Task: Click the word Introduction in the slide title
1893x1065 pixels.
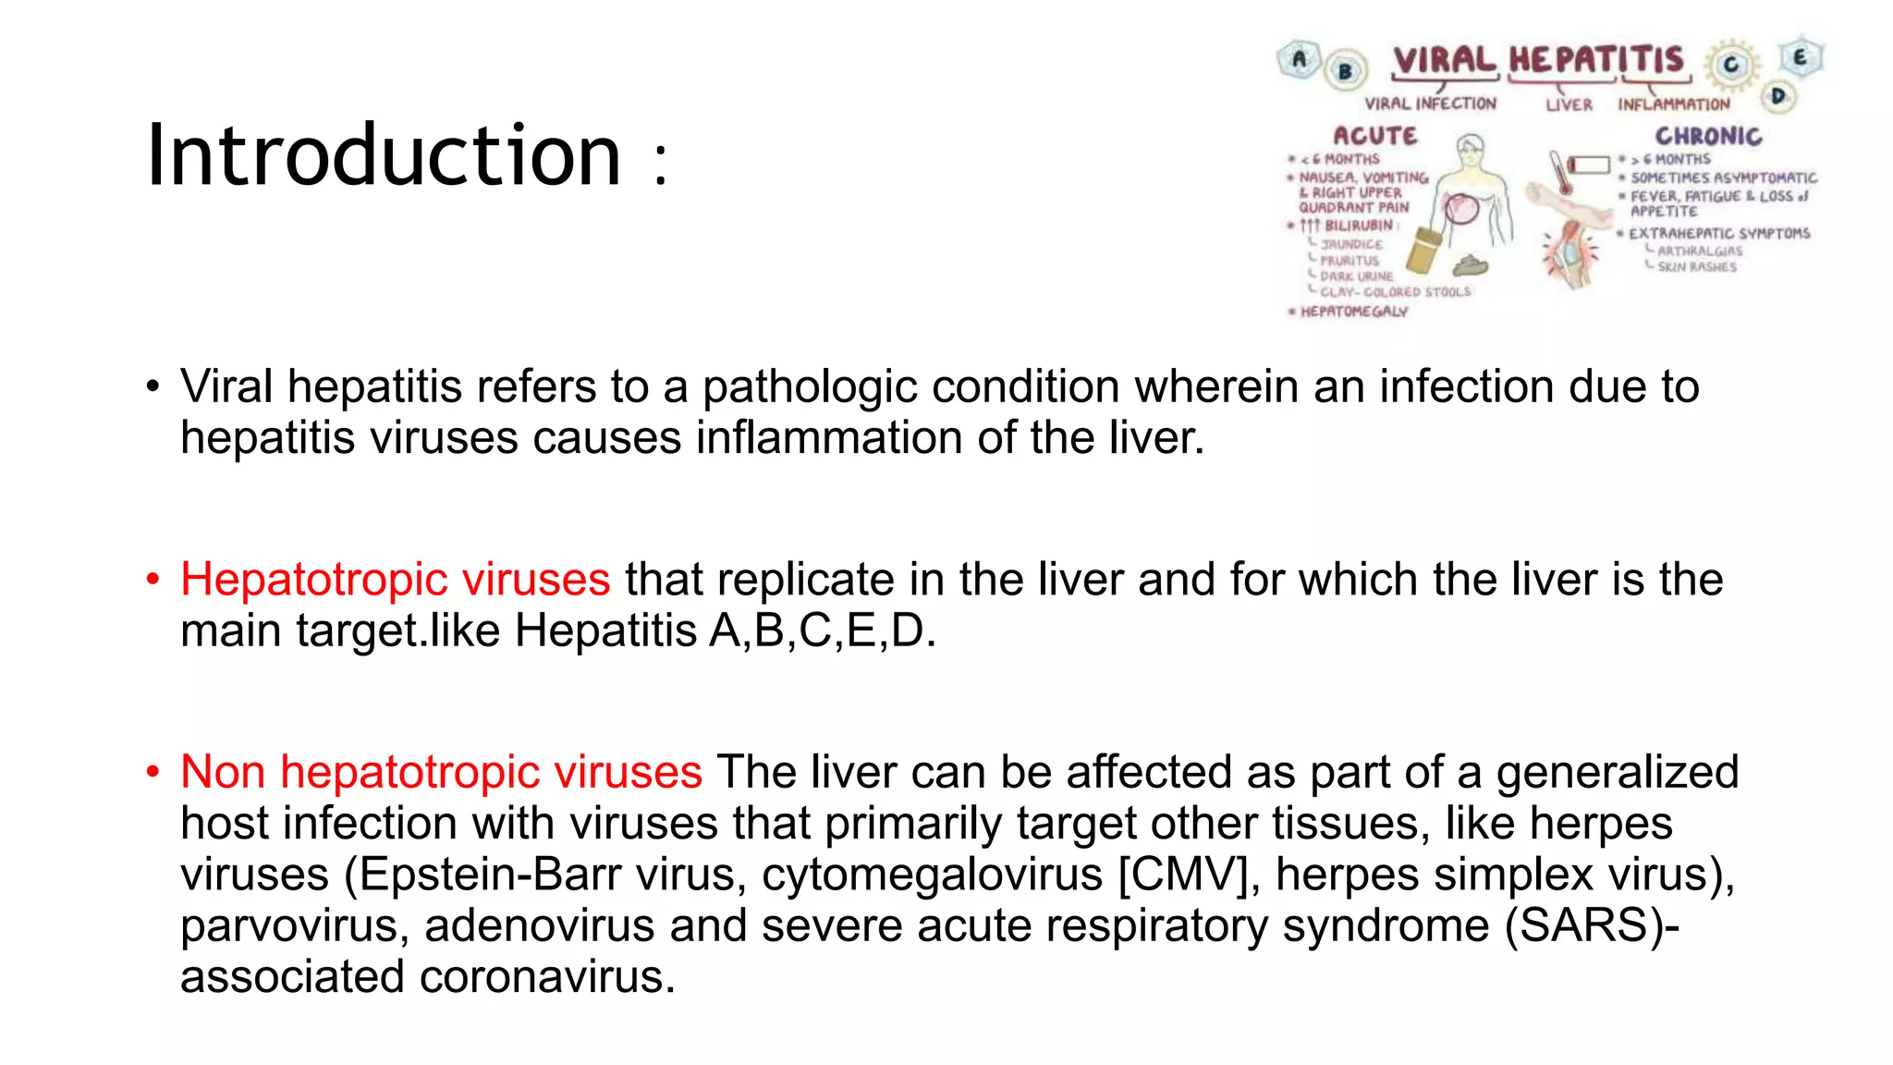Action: click(384, 155)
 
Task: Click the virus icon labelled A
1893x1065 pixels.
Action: click(1299, 60)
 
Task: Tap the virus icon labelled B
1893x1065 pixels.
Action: click(1346, 70)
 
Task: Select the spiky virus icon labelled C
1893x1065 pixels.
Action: click(1730, 65)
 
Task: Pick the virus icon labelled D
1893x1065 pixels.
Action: click(1777, 95)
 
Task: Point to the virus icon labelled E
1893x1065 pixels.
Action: click(1800, 57)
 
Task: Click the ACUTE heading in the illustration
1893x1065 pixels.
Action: click(1374, 136)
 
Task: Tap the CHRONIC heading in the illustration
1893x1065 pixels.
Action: click(1708, 136)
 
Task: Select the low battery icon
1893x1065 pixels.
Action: click(1590, 165)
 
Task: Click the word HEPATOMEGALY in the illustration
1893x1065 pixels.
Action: click(1354, 312)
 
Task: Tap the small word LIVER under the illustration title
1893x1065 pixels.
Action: click(1569, 105)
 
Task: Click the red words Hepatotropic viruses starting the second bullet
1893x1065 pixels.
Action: click(395, 580)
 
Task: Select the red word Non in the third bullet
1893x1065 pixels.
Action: click(223, 772)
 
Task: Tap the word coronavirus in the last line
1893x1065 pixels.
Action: click(547, 977)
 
